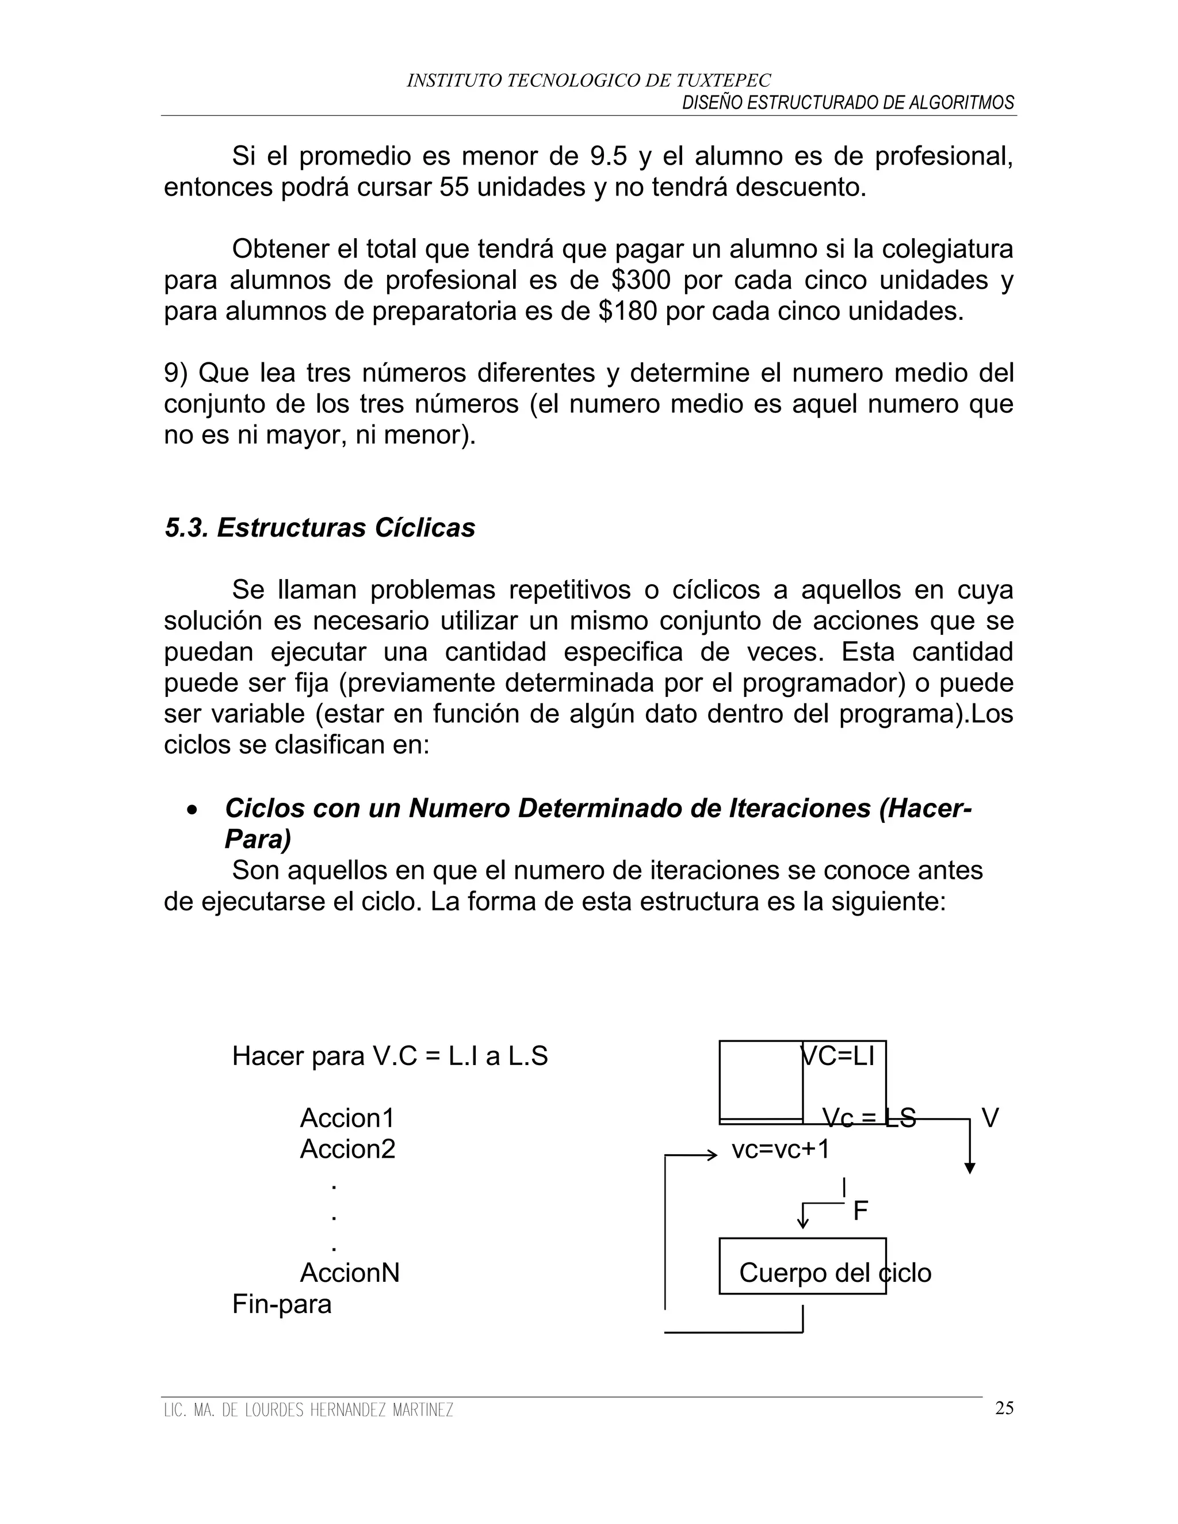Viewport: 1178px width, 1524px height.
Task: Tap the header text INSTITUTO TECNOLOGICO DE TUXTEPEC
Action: (588, 81)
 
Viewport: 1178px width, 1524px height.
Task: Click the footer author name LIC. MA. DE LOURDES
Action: (308, 1410)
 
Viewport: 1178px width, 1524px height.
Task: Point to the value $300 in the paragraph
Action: (640, 280)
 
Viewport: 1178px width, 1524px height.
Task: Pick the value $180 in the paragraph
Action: (628, 311)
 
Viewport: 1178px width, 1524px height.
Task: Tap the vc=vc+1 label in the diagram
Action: (780, 1148)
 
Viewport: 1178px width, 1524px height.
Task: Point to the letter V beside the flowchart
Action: (989, 1118)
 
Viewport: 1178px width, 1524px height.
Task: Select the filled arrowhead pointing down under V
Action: (969, 1168)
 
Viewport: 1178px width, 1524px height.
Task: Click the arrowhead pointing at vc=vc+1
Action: (713, 1155)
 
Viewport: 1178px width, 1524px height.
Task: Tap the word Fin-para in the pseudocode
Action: (281, 1304)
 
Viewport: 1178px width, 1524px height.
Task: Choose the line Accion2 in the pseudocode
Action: (347, 1148)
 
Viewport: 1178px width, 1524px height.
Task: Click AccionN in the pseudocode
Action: (350, 1273)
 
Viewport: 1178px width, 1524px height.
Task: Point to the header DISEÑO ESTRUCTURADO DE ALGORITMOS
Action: (847, 102)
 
